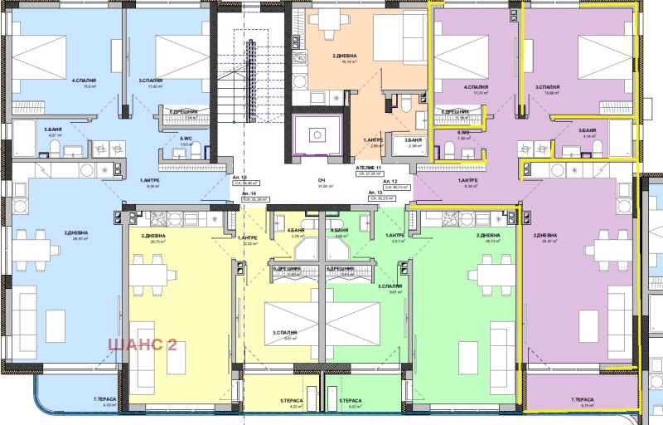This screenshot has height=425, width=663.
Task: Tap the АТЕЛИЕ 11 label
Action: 368,168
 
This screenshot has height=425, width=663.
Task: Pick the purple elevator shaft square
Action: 316,136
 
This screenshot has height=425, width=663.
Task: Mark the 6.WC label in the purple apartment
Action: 465,133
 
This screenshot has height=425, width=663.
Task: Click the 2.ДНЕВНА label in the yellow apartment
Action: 153,237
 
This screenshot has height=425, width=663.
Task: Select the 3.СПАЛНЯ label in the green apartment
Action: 390,286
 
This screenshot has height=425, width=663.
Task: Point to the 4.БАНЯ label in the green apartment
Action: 338,230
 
